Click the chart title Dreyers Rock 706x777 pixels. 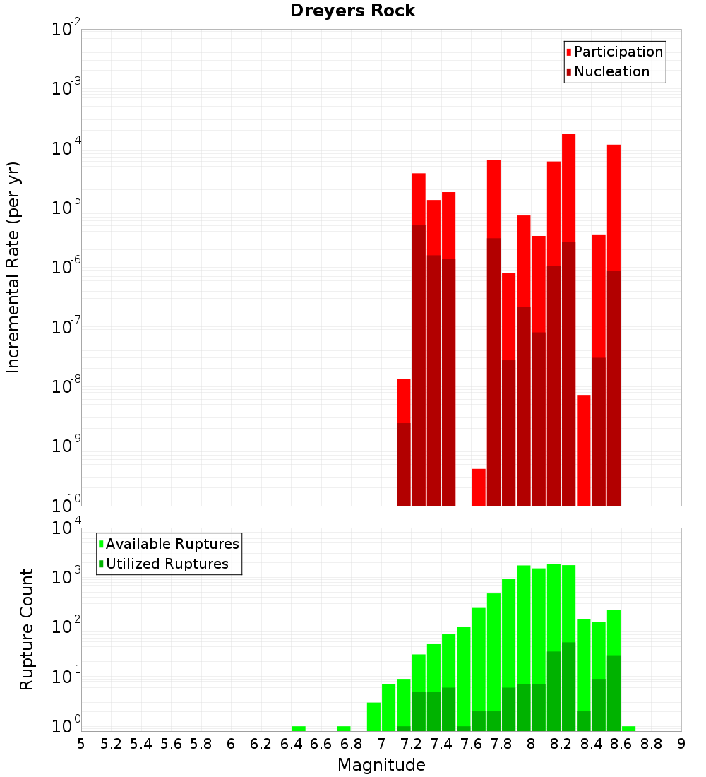pos(352,11)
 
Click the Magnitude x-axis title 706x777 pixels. pos(381,765)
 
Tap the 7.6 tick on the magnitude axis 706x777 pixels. pos(471,744)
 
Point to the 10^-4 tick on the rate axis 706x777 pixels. pos(66,148)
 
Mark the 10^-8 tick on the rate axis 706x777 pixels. pos(66,386)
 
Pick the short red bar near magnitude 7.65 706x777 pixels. pos(479,487)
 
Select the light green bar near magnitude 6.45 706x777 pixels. pos(299,728)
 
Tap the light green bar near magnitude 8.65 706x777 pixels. pos(628,728)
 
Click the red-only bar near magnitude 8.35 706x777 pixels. pos(584,449)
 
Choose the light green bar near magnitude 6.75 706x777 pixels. pos(344,728)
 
